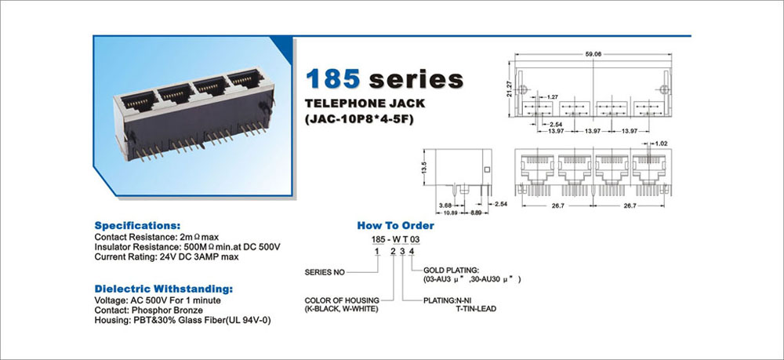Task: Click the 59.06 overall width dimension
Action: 593,54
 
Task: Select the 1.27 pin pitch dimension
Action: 553,96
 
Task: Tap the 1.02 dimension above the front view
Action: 661,144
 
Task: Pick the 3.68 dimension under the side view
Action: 445,205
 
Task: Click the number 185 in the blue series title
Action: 333,79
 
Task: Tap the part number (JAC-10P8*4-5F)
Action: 360,120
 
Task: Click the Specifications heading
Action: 137,225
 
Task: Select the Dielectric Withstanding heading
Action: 164,289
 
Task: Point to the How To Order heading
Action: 395,226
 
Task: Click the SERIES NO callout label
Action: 325,272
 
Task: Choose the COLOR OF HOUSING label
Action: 342,300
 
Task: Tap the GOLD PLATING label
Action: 451,270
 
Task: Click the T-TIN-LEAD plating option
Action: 476,309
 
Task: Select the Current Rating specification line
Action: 166,257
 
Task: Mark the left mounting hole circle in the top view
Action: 522,90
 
